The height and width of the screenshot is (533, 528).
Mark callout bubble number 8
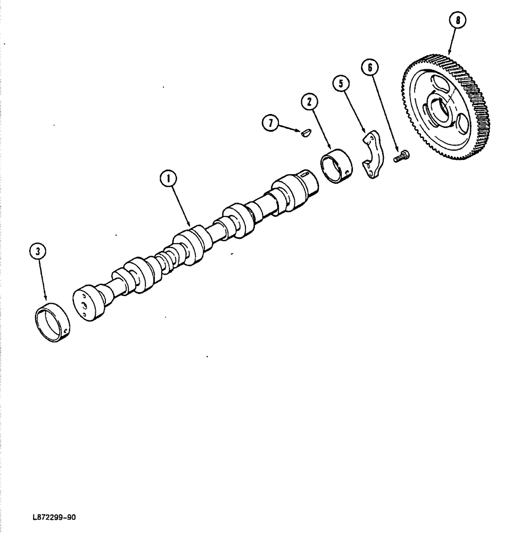456,21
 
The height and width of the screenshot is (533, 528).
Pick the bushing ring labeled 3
52,322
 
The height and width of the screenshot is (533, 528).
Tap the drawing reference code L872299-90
55,517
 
